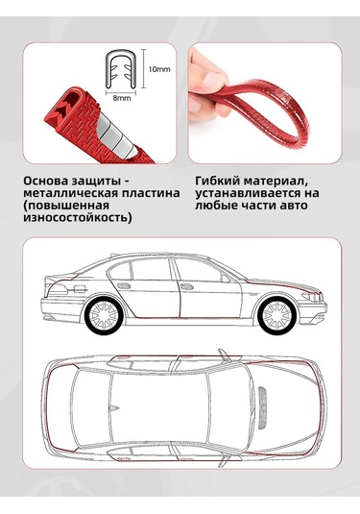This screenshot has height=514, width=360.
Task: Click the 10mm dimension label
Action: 159,69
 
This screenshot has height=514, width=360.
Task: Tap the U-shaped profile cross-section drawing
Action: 120,69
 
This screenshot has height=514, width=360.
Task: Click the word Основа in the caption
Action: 45,181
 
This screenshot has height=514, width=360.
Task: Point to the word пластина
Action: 151,193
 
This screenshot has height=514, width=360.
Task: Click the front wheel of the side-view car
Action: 276,316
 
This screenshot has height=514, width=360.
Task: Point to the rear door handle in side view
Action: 124,285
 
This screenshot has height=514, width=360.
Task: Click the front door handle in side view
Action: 186,286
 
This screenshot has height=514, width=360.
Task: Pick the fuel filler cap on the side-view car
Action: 79,289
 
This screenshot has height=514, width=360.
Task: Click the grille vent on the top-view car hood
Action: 264,407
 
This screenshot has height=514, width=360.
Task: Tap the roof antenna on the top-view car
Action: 113,407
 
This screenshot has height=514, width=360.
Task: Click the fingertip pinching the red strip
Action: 214,81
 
